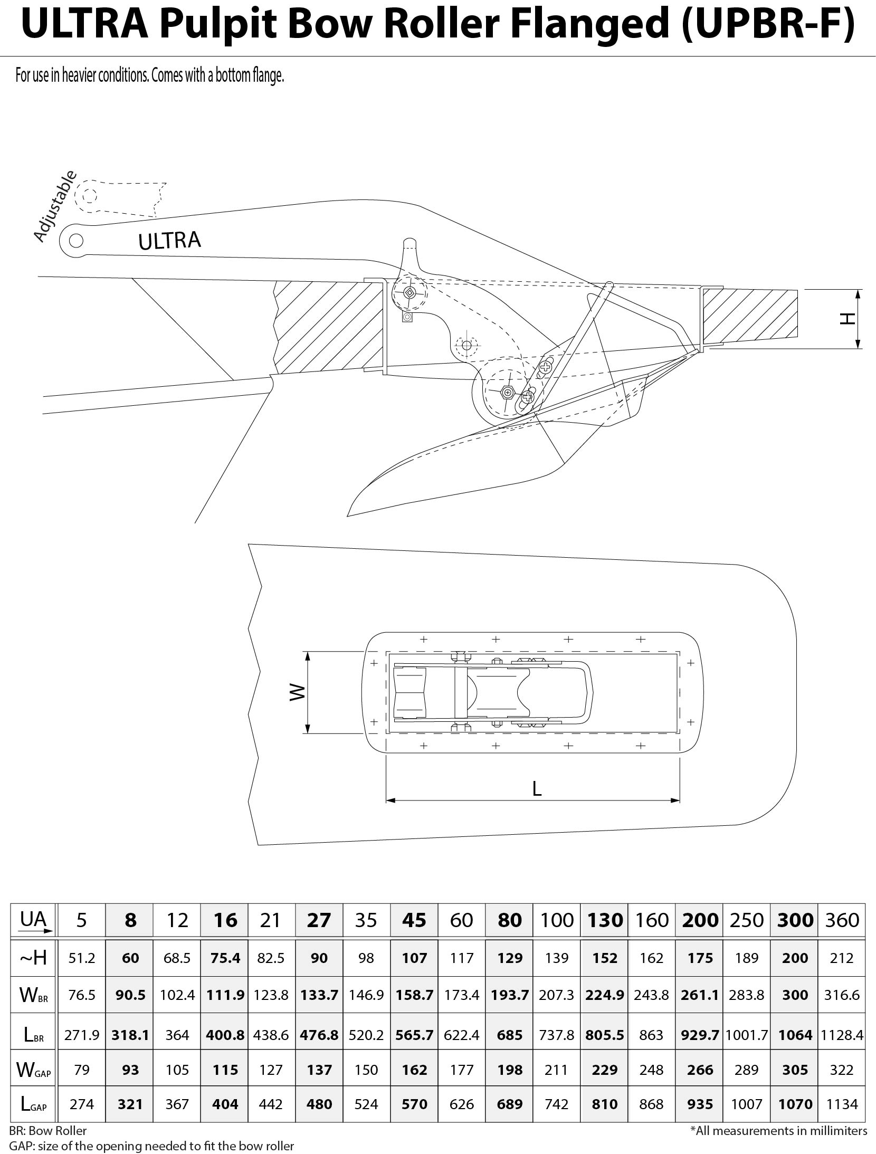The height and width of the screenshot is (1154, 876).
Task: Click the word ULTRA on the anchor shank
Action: pyautogui.click(x=169, y=240)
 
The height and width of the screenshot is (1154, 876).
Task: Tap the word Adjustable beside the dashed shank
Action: pyautogui.click(x=54, y=206)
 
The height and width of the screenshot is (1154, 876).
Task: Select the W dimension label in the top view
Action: pyautogui.click(x=298, y=692)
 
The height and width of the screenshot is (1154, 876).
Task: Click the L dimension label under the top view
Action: pyautogui.click(x=537, y=789)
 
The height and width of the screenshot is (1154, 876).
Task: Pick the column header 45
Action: pyautogui.click(x=414, y=920)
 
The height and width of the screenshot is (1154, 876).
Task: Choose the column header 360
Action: pyautogui.click(x=842, y=920)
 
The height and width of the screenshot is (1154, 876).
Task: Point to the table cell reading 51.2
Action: pyautogui.click(x=82, y=958)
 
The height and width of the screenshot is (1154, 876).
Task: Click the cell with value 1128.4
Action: pyautogui.click(x=842, y=1035)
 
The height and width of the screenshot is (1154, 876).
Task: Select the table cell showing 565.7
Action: pyautogui.click(x=414, y=1035)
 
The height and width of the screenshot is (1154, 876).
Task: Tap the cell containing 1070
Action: pyautogui.click(x=795, y=1104)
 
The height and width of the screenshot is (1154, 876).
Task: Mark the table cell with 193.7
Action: pyautogui.click(x=509, y=995)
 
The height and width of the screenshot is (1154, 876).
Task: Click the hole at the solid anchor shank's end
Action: pyautogui.click(x=76, y=240)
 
